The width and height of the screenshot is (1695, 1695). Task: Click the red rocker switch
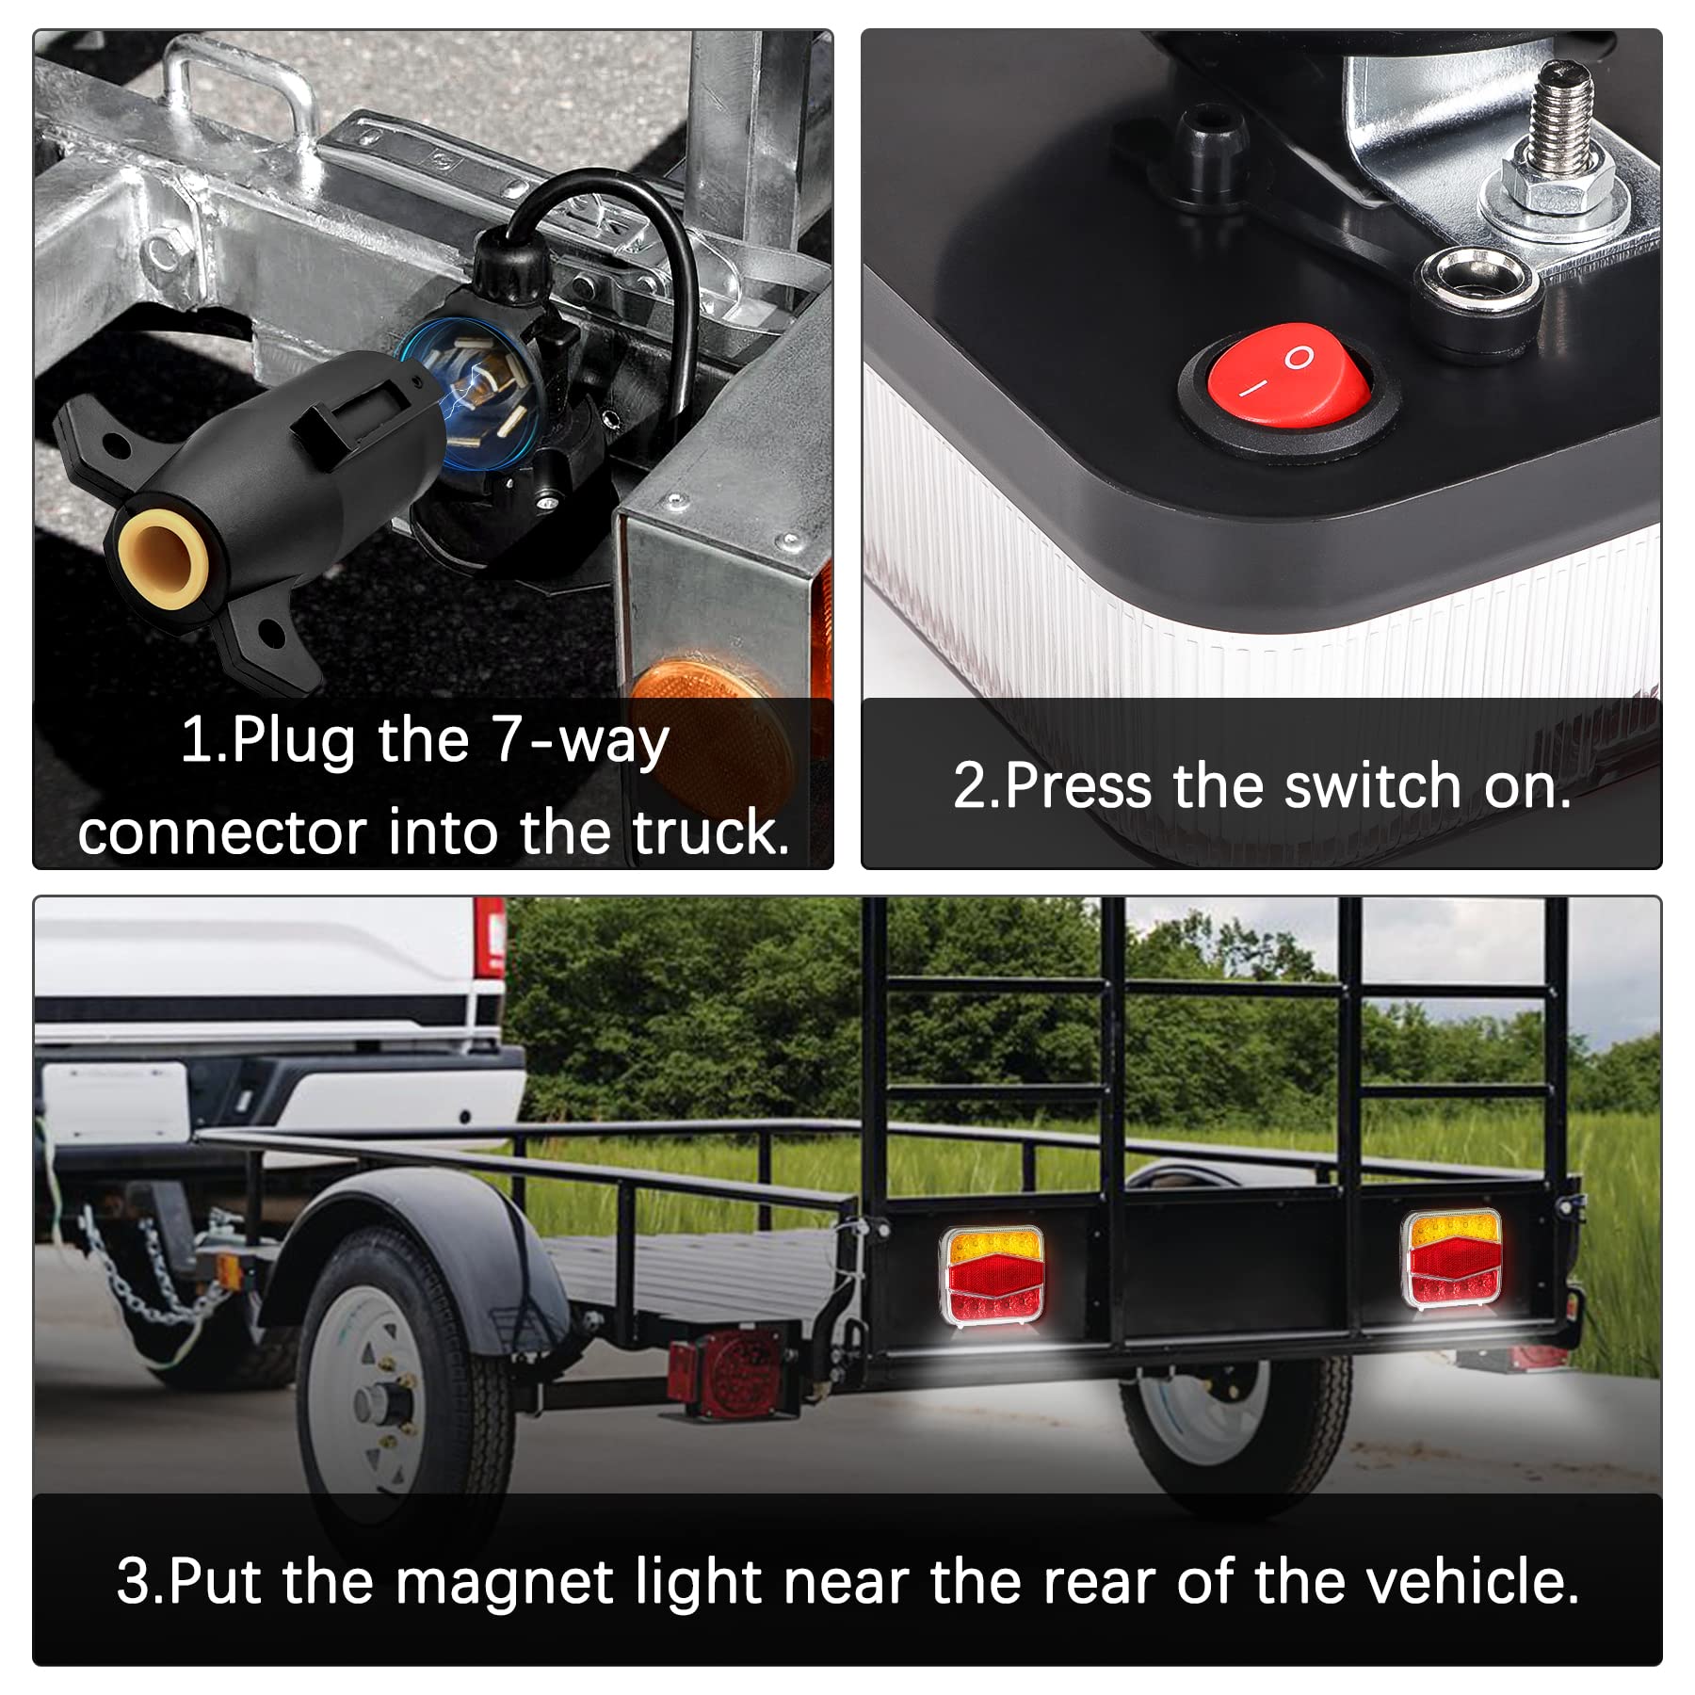[x=1287, y=387]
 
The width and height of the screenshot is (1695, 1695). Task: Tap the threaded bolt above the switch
[x=1561, y=118]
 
